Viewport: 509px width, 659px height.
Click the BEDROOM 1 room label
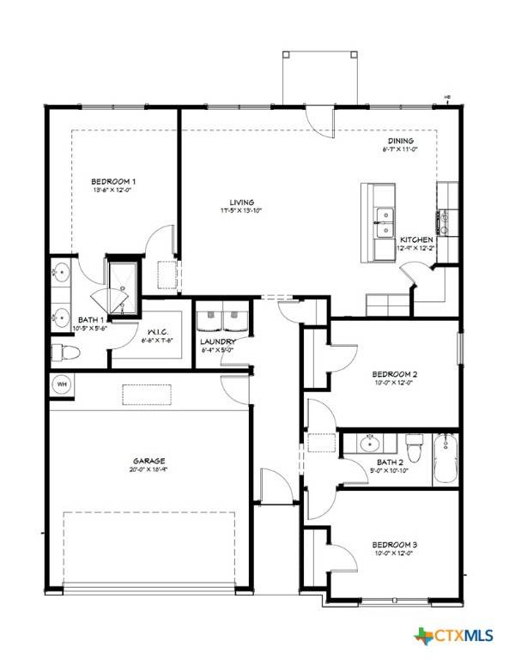[x=114, y=181]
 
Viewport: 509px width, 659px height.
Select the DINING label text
[x=400, y=141]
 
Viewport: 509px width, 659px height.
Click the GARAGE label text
[x=149, y=460]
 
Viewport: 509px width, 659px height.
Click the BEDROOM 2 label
[x=395, y=374]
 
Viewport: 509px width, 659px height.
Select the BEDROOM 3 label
[x=395, y=544]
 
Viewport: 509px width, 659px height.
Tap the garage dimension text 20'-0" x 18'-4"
[x=149, y=469]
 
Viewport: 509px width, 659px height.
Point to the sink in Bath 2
[x=371, y=443]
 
